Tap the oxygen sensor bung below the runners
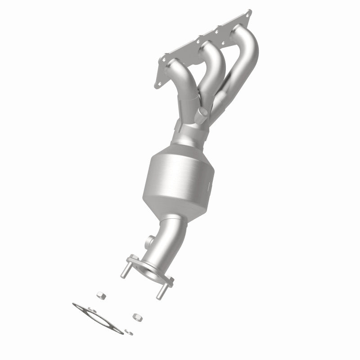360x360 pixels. pyautogui.click(x=201, y=115)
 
